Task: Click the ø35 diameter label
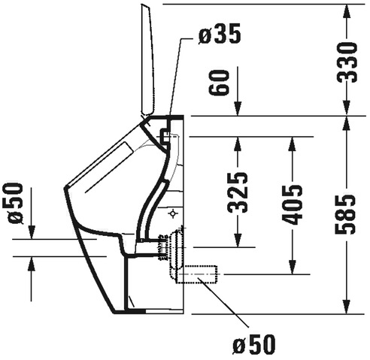pos(220,34)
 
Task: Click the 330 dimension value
pos(347,62)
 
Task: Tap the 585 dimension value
pos(346,214)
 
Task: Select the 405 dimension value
pos(292,204)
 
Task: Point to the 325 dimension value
pos(238,192)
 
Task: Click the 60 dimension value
pos(219,82)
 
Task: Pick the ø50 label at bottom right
pos(254,344)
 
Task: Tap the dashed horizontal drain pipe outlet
pos(197,274)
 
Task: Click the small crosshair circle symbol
pos(173,213)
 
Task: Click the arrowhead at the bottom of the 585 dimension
pos(347,307)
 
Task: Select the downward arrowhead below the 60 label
pos(238,109)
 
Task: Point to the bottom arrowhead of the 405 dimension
pos(293,267)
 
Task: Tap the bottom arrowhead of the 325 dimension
pos(238,240)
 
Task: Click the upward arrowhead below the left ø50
pos(32,264)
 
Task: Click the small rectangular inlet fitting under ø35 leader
pos(165,136)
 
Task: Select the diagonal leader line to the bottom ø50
pos(223,302)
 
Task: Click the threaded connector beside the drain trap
pos(162,247)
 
